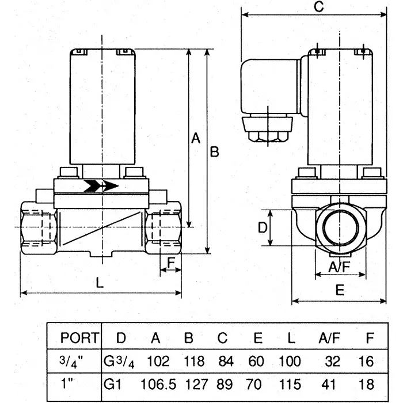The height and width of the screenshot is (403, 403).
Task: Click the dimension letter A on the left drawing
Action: click(195, 138)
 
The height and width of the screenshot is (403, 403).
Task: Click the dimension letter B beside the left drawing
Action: click(214, 152)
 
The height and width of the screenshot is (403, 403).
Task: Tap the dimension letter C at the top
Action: click(320, 6)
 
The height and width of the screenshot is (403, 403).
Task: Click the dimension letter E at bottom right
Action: click(340, 290)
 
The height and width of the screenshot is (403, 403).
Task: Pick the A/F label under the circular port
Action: click(339, 267)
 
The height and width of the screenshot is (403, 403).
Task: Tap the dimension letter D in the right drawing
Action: click(262, 228)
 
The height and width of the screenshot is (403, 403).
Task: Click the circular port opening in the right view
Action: click(340, 226)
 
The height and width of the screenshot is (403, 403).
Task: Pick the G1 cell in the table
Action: click(112, 384)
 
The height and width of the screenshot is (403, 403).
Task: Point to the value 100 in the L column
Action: click(290, 362)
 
